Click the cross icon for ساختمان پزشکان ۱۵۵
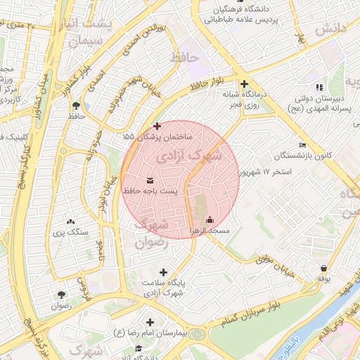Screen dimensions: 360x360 [x=156, y=125]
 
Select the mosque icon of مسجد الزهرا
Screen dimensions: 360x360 [x=210, y=219]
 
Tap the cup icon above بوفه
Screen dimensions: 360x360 [x=323, y=268]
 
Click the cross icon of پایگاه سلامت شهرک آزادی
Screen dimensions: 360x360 [x=164, y=272]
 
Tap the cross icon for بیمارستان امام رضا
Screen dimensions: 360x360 [x=149, y=321]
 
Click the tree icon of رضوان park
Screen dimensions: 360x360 [x=61, y=295]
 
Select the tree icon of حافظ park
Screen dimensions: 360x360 [x=75, y=105]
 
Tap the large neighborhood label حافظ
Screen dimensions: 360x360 [x=189, y=56]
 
